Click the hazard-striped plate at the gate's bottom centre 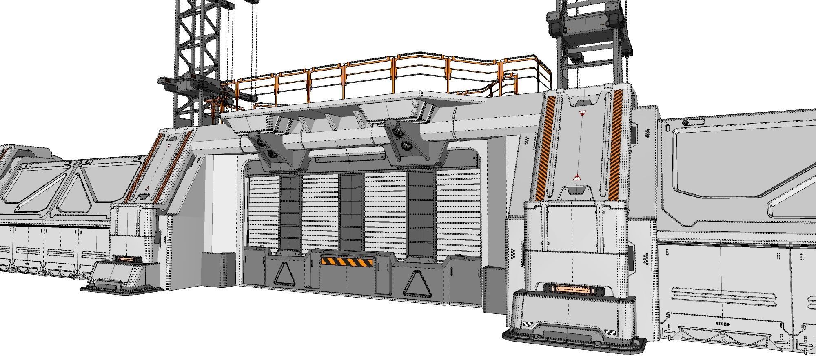347,262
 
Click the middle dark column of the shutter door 351,212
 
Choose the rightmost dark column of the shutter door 421,212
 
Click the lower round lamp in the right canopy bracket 406,145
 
